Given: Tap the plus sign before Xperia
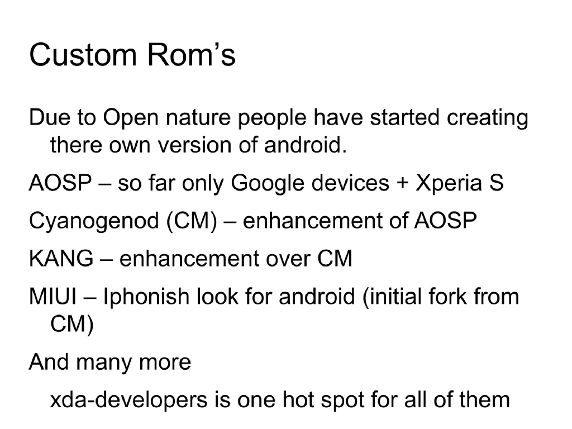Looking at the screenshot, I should (403, 184).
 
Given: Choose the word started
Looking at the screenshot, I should (406, 118).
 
